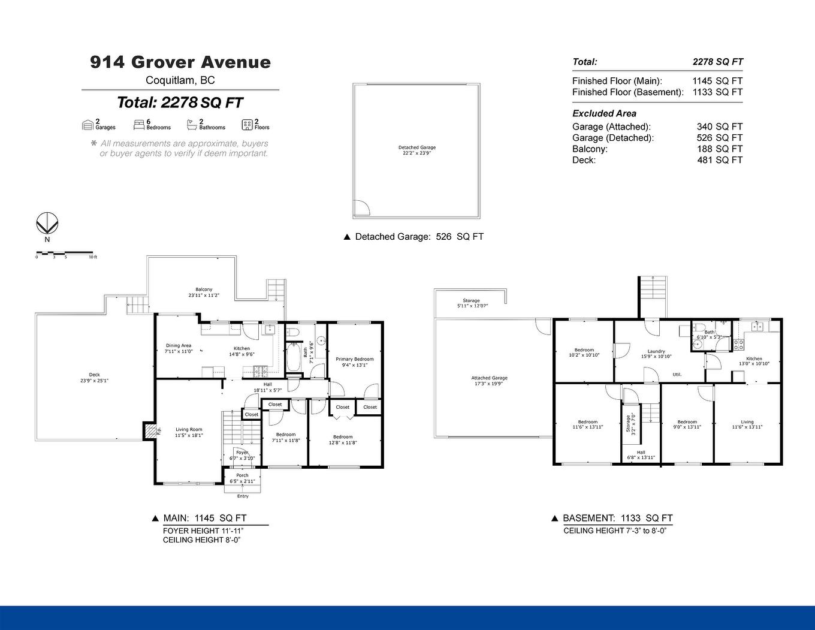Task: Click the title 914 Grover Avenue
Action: tap(180, 62)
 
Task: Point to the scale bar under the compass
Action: tap(64, 253)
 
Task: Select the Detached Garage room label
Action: tap(417, 150)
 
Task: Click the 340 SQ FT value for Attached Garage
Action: tap(719, 126)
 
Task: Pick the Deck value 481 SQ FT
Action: tap(719, 160)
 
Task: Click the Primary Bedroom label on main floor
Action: tap(355, 362)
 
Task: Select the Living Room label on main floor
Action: tap(189, 432)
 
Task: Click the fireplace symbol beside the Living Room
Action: tap(149, 430)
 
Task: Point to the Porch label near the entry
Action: tap(242, 478)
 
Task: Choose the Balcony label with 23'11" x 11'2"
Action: tap(204, 292)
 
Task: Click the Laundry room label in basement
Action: tap(656, 354)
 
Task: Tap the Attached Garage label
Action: tap(489, 381)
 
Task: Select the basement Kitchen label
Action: tap(754, 361)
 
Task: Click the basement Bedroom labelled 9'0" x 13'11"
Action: tap(687, 424)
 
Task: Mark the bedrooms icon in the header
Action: tap(138, 124)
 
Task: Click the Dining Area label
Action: tap(179, 348)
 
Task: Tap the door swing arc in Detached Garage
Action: tap(361, 207)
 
